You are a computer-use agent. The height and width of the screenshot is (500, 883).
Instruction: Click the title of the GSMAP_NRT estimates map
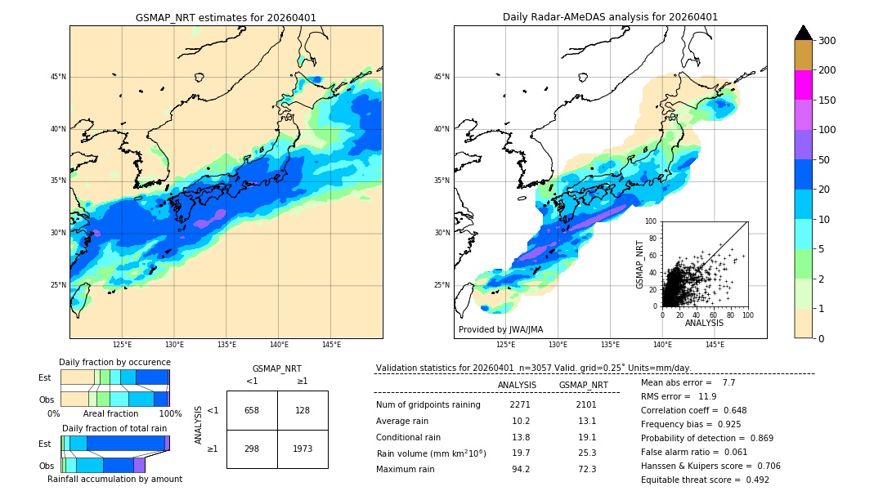226,17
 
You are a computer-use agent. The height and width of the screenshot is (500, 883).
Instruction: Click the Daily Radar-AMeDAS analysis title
610,17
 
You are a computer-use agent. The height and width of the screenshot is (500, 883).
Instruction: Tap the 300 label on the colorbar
828,40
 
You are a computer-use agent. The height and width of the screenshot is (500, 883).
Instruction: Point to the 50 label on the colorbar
825,160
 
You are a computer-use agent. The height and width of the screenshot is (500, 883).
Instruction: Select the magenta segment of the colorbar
803,85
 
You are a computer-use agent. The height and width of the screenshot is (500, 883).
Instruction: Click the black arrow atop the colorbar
803,33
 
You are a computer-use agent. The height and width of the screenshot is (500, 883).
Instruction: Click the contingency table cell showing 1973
303,449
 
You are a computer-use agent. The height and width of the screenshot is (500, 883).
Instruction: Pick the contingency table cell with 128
303,410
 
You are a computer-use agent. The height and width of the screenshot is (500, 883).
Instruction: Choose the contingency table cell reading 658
252,410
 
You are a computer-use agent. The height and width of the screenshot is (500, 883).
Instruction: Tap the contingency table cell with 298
252,449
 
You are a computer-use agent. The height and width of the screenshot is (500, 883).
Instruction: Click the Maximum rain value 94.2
521,469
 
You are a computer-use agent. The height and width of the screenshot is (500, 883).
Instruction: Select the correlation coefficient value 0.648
729,410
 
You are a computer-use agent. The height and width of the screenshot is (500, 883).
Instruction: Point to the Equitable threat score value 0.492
751,480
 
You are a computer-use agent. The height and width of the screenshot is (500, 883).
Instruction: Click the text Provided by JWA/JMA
500,329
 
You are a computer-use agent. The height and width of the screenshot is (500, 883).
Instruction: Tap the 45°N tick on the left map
58,77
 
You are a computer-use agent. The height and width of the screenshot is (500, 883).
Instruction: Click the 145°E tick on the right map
715,345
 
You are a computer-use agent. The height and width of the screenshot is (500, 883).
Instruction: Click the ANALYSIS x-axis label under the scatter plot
704,323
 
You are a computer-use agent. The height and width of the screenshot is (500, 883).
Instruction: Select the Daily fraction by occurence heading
114,362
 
